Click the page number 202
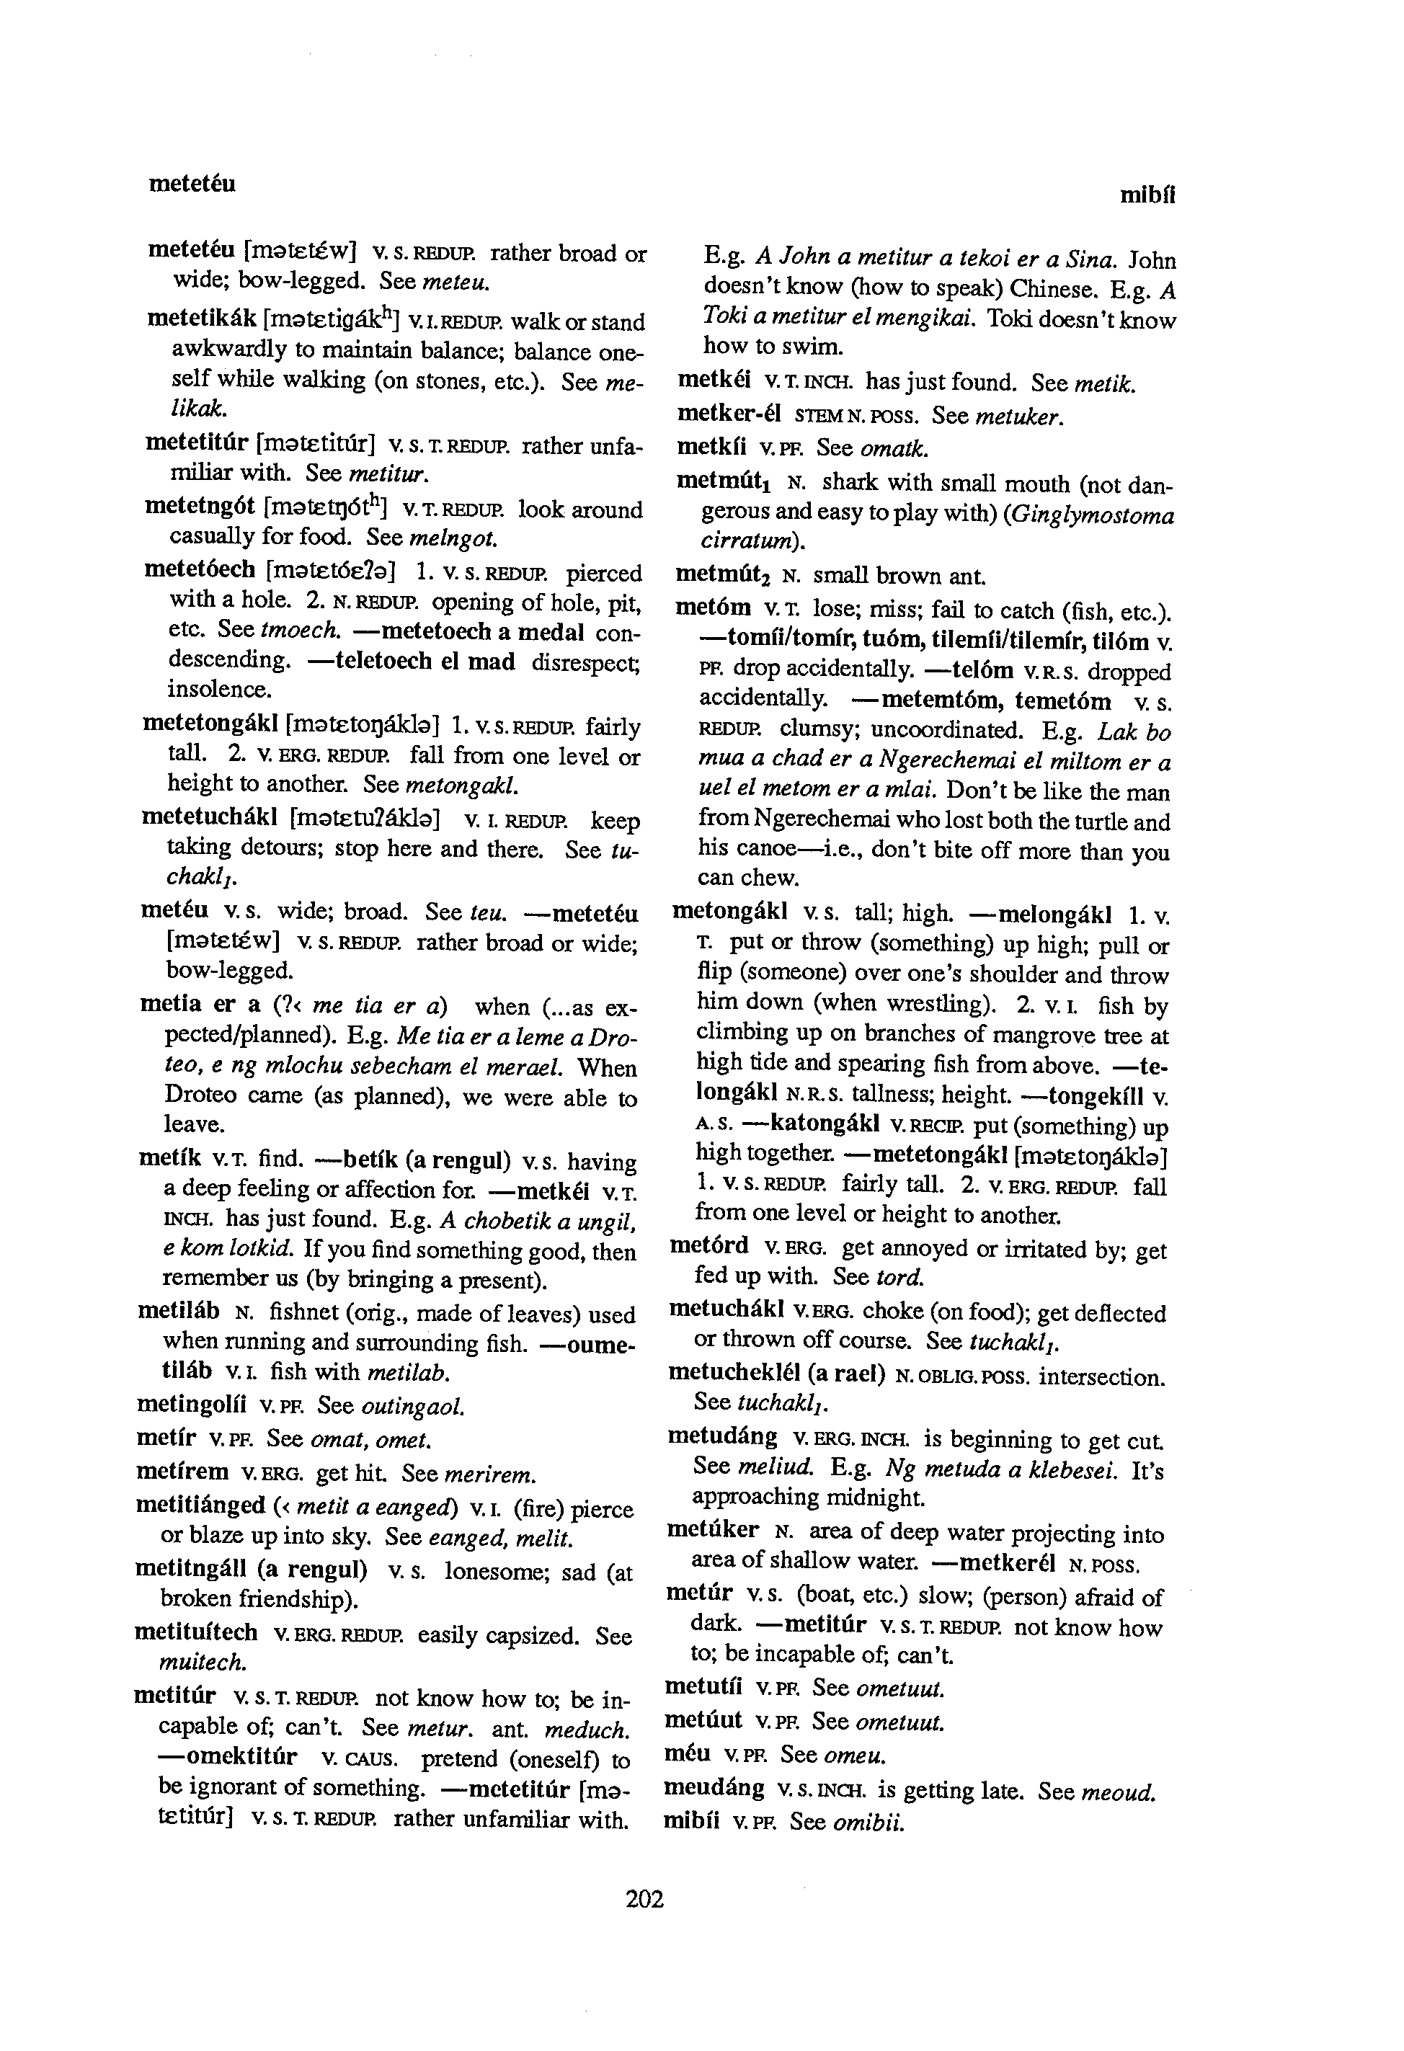(644, 1898)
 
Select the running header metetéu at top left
(192, 184)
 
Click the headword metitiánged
(200, 1505)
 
